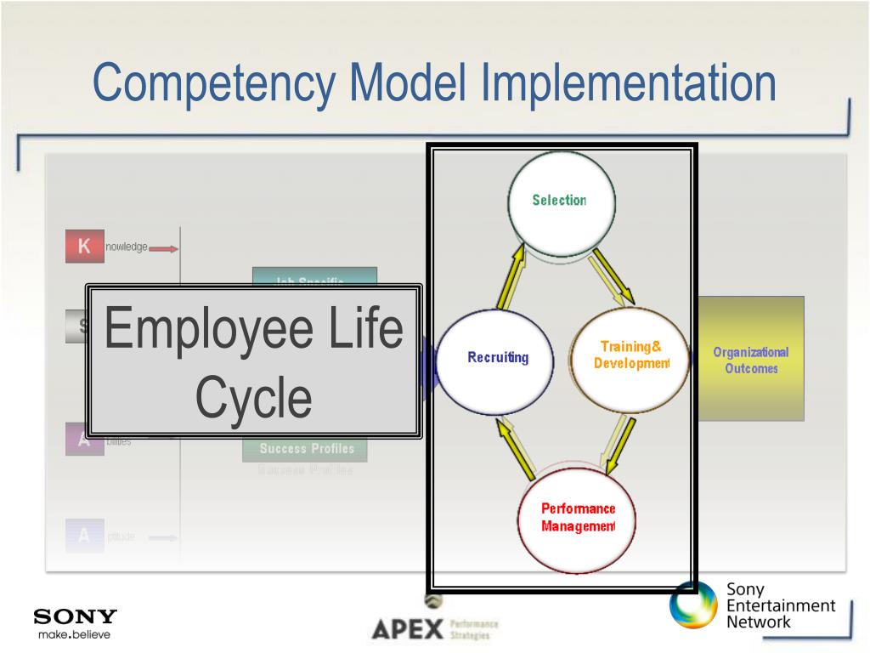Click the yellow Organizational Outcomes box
coord(750,359)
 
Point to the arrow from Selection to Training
coord(613,275)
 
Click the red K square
coord(84,247)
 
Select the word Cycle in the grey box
coord(254,398)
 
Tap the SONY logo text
coord(75,616)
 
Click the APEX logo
coord(409,630)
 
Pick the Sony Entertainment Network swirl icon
coord(694,605)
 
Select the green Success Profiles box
coord(306,448)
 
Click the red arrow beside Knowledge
coord(164,248)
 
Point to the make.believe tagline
coord(74,633)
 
